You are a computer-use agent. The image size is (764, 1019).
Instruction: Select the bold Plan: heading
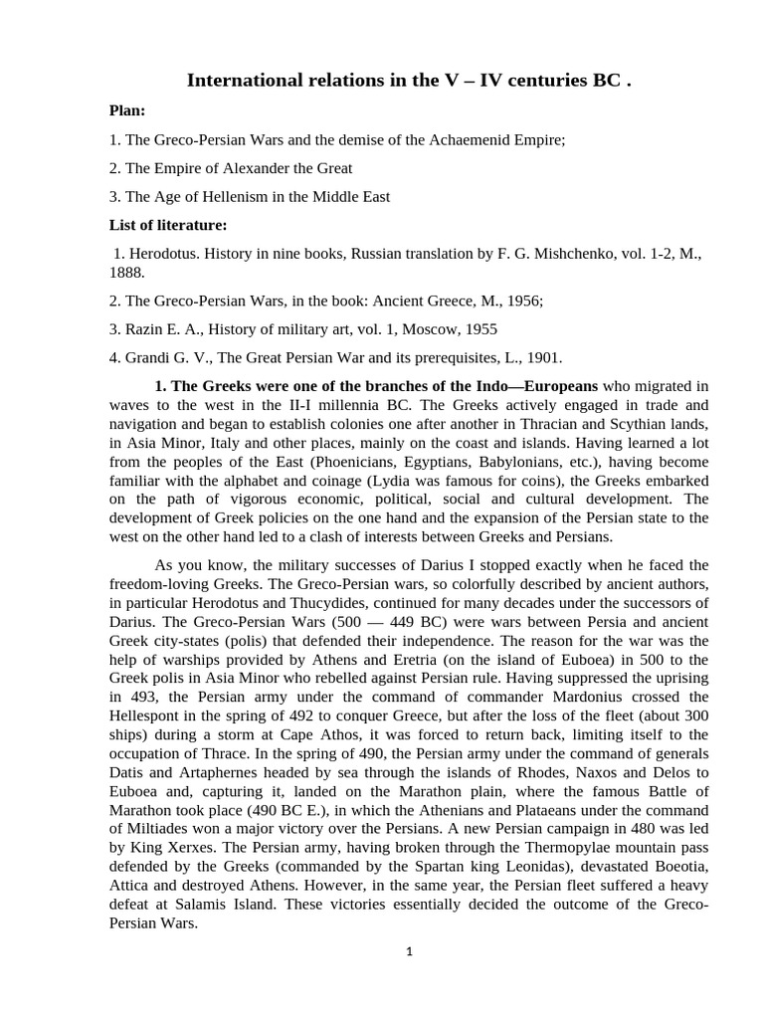tap(127, 110)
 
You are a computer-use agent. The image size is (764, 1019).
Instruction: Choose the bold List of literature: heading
tap(168, 225)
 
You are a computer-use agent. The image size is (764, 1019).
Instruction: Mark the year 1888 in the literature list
tap(125, 272)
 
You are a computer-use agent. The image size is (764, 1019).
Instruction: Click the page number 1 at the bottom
tap(409, 951)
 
